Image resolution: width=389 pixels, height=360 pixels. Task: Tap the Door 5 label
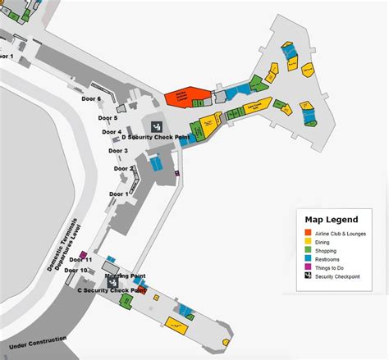click(109, 118)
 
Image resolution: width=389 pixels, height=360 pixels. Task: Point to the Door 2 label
click(123, 169)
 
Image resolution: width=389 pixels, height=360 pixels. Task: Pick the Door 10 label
click(76, 270)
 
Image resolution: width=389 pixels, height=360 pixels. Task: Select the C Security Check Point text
click(112, 290)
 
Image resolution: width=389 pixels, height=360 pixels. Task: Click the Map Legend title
click(331, 219)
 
